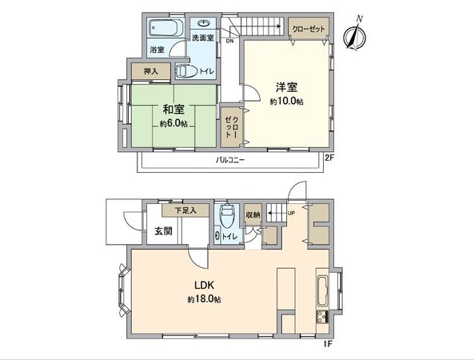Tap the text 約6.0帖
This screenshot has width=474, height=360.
[173, 124]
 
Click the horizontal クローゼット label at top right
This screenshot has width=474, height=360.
[309, 29]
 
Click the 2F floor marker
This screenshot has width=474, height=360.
[328, 158]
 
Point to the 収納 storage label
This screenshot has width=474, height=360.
[253, 214]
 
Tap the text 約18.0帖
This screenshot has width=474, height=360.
[205, 299]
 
